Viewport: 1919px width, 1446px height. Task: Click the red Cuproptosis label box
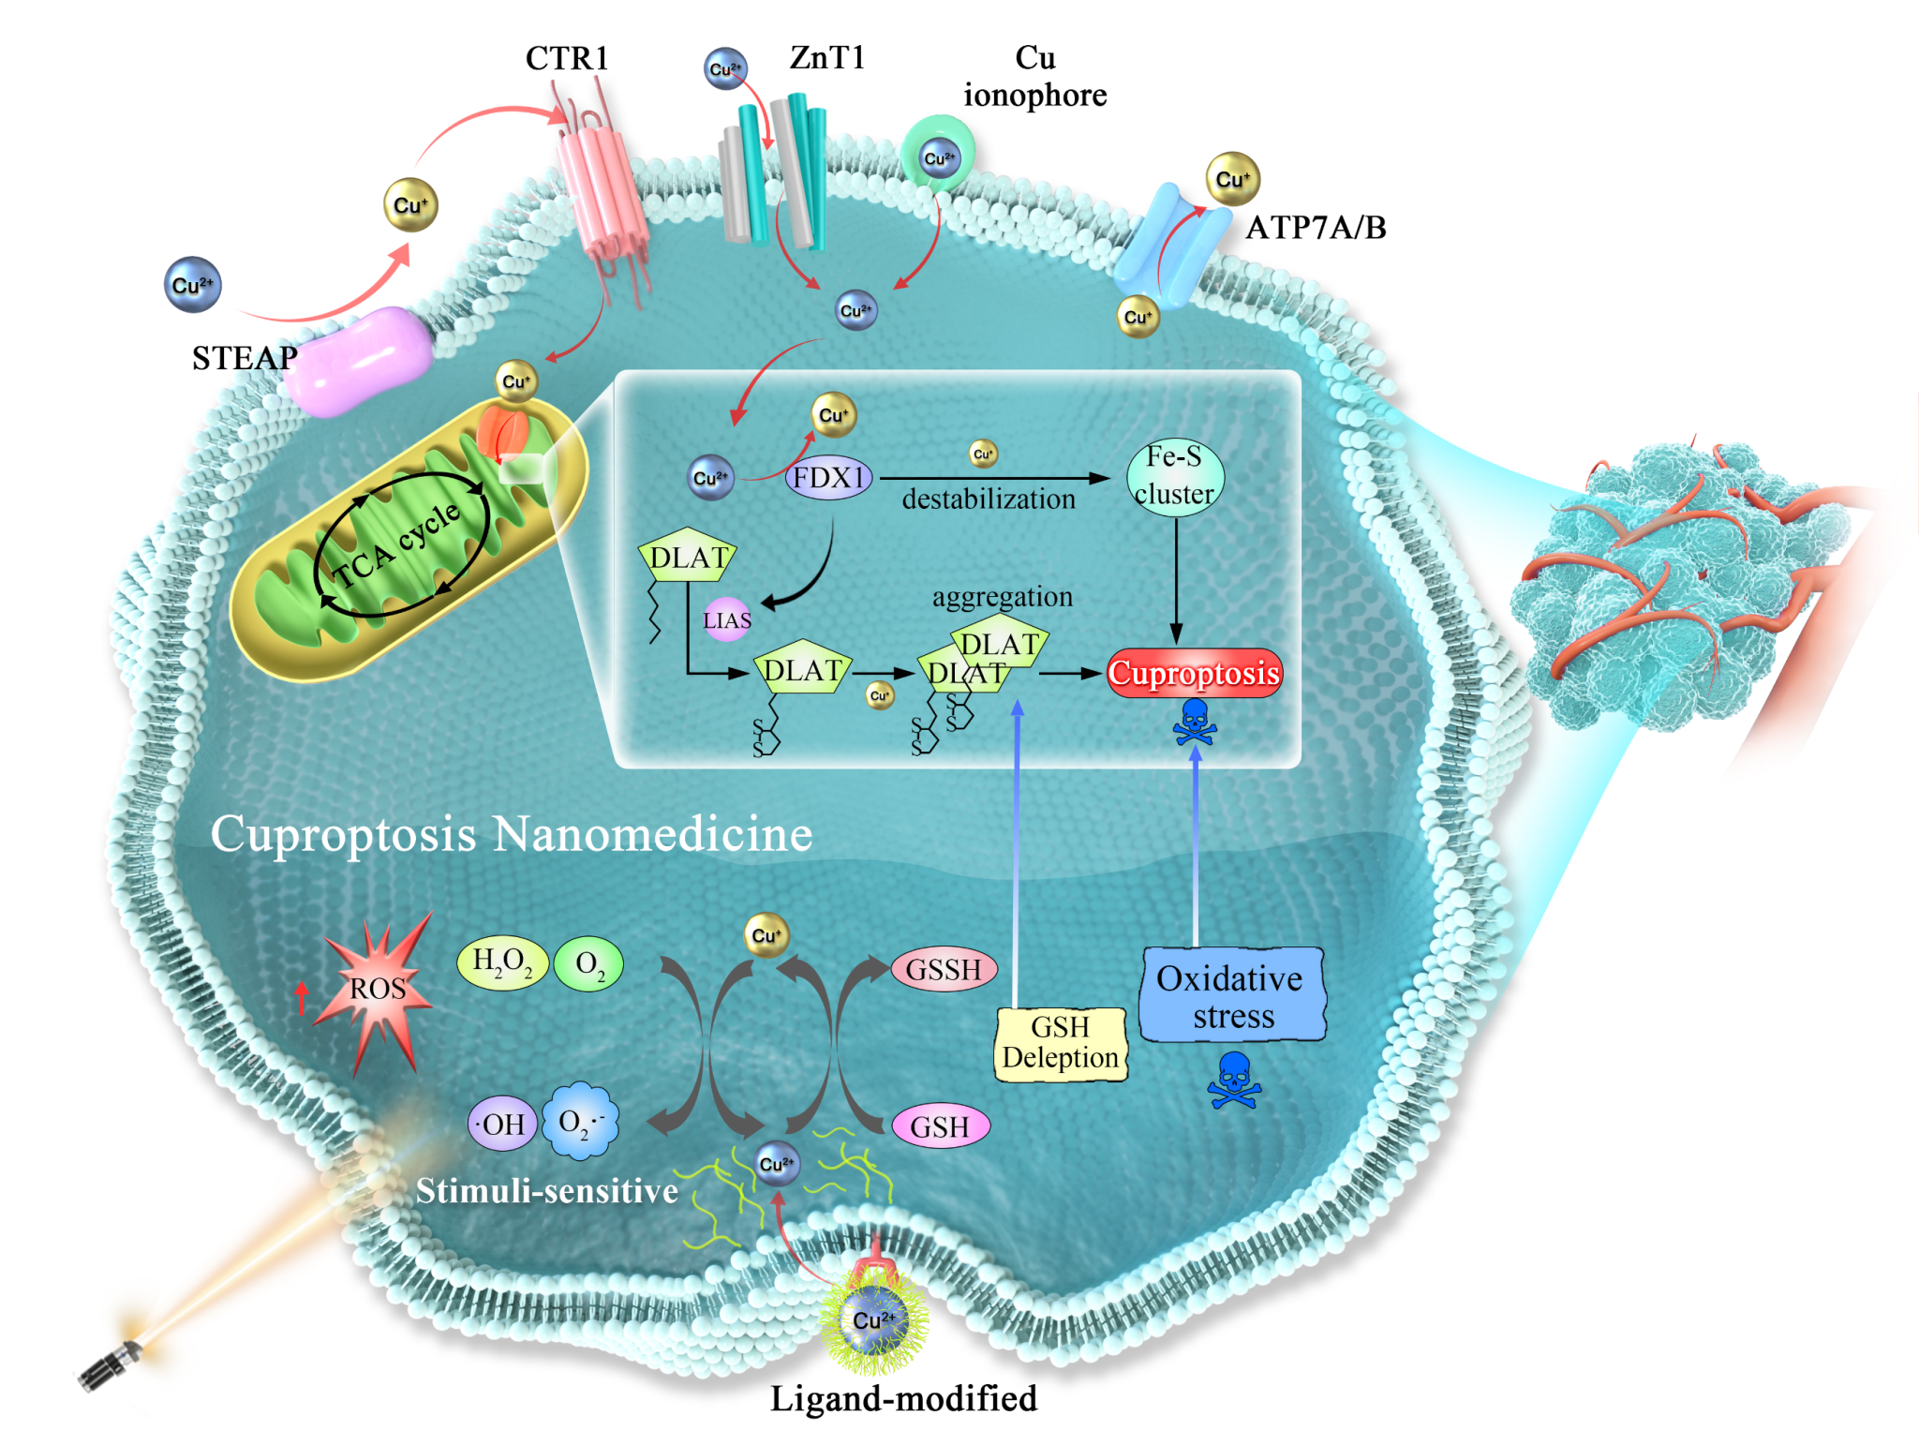point(1194,673)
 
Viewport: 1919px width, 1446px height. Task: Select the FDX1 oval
point(828,478)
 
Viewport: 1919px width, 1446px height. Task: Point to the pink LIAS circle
point(727,619)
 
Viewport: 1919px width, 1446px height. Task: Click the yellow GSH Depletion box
point(1060,1043)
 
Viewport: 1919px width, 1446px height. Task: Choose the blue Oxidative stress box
point(1231,995)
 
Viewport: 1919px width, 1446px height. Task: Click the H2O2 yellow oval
point(501,962)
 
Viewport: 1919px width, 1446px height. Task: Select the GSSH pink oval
point(943,969)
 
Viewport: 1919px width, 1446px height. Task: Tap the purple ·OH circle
point(502,1124)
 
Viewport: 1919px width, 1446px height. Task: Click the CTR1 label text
point(567,58)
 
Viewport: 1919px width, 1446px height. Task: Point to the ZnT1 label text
point(826,57)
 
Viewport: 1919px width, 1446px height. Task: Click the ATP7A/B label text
point(1315,228)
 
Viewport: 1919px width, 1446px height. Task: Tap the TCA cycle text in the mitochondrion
point(397,545)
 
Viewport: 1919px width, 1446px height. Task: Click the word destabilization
point(988,499)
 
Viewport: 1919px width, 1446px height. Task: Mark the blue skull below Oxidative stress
point(1234,1080)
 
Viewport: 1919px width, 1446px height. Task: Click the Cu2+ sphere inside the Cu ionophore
point(939,158)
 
